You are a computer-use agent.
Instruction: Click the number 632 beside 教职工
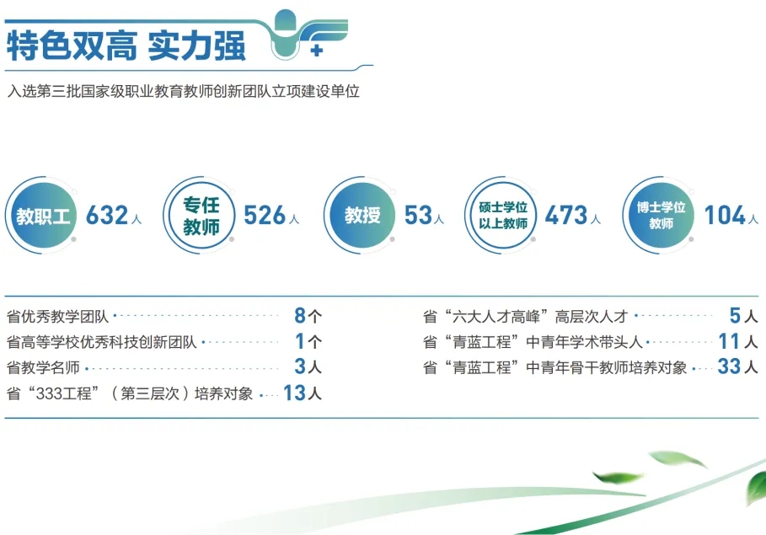click(107, 216)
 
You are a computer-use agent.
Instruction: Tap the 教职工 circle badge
click(42, 216)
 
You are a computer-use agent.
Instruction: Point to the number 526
click(265, 216)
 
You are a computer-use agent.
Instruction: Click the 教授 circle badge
click(362, 216)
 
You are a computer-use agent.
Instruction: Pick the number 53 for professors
click(418, 216)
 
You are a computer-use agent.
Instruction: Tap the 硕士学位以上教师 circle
click(503, 216)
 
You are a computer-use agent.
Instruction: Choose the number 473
click(565, 216)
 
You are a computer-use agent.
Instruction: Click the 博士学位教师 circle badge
click(661, 216)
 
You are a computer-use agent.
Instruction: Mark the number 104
click(725, 216)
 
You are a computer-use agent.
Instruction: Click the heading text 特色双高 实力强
click(126, 45)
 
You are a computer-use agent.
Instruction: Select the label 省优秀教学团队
click(57, 318)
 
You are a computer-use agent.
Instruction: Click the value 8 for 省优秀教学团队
click(299, 317)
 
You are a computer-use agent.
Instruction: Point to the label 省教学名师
click(44, 367)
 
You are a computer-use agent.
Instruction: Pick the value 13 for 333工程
click(293, 393)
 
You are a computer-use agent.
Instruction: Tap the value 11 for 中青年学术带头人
click(729, 342)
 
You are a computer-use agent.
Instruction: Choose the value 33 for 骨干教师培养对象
click(729, 367)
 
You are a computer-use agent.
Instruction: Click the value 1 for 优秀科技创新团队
click(299, 342)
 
